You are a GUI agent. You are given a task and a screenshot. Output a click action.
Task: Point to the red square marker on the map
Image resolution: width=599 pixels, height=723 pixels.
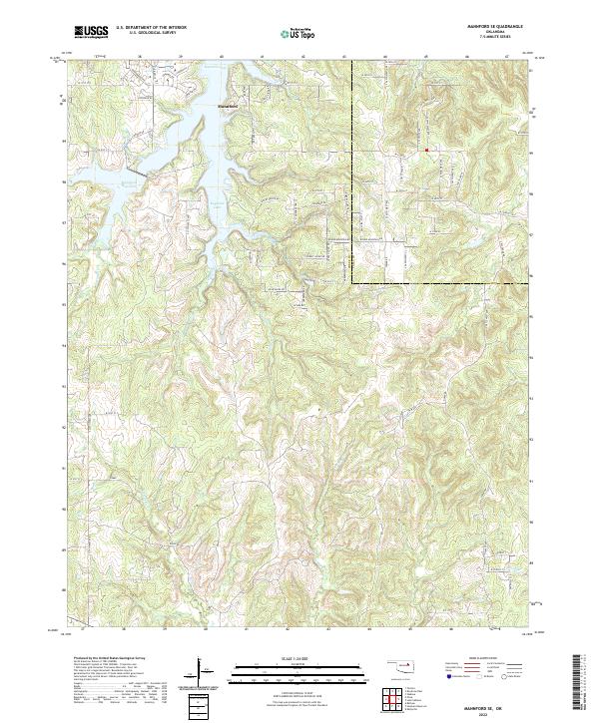[x=426, y=151]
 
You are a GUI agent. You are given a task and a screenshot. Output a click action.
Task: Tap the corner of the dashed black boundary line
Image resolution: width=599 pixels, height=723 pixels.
[x=352, y=283]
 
